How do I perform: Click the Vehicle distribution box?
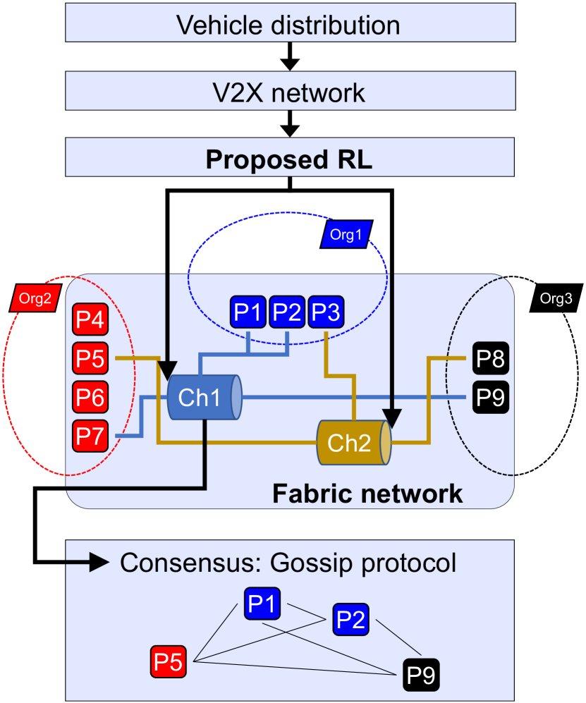288,25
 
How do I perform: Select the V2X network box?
288,92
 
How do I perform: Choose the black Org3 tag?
555,298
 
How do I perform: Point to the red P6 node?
89,398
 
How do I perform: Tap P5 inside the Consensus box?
170,661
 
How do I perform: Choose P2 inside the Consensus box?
350,618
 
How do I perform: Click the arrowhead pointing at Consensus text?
101,563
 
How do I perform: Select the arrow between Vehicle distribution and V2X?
290,56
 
